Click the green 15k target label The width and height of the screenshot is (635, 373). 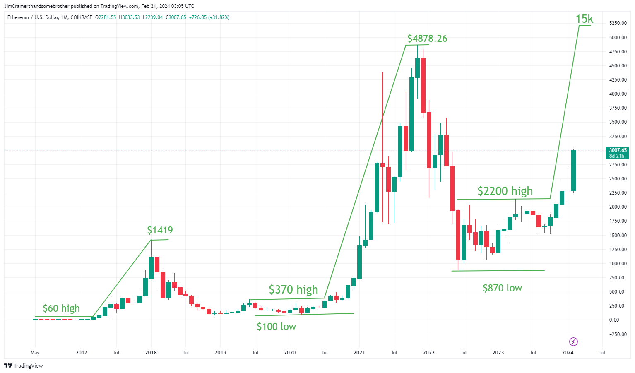tap(584, 19)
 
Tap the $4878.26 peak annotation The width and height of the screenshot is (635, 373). tap(427, 38)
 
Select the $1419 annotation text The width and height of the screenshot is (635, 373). tap(160, 230)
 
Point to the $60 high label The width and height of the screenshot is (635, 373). tap(61, 308)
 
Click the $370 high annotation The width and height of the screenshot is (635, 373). tap(293, 289)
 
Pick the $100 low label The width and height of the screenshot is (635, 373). tap(277, 327)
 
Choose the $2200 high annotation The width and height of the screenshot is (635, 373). tap(505, 191)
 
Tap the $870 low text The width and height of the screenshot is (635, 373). tap(503, 288)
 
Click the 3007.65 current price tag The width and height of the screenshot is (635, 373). tap(618, 153)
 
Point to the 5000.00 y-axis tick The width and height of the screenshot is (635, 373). tap(618, 37)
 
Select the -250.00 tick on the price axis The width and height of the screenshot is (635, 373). tap(617, 334)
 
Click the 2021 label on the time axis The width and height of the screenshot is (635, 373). tap(359, 353)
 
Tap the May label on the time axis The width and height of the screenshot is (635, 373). tap(35, 353)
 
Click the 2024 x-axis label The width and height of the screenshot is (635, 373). tap(568, 353)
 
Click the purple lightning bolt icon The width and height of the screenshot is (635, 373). tap(573, 342)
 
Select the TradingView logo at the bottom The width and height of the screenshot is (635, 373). tap(24, 366)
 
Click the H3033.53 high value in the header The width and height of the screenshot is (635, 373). tap(129, 17)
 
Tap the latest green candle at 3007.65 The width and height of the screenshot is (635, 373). tap(573, 171)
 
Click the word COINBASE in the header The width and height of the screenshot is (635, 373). tap(82, 17)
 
